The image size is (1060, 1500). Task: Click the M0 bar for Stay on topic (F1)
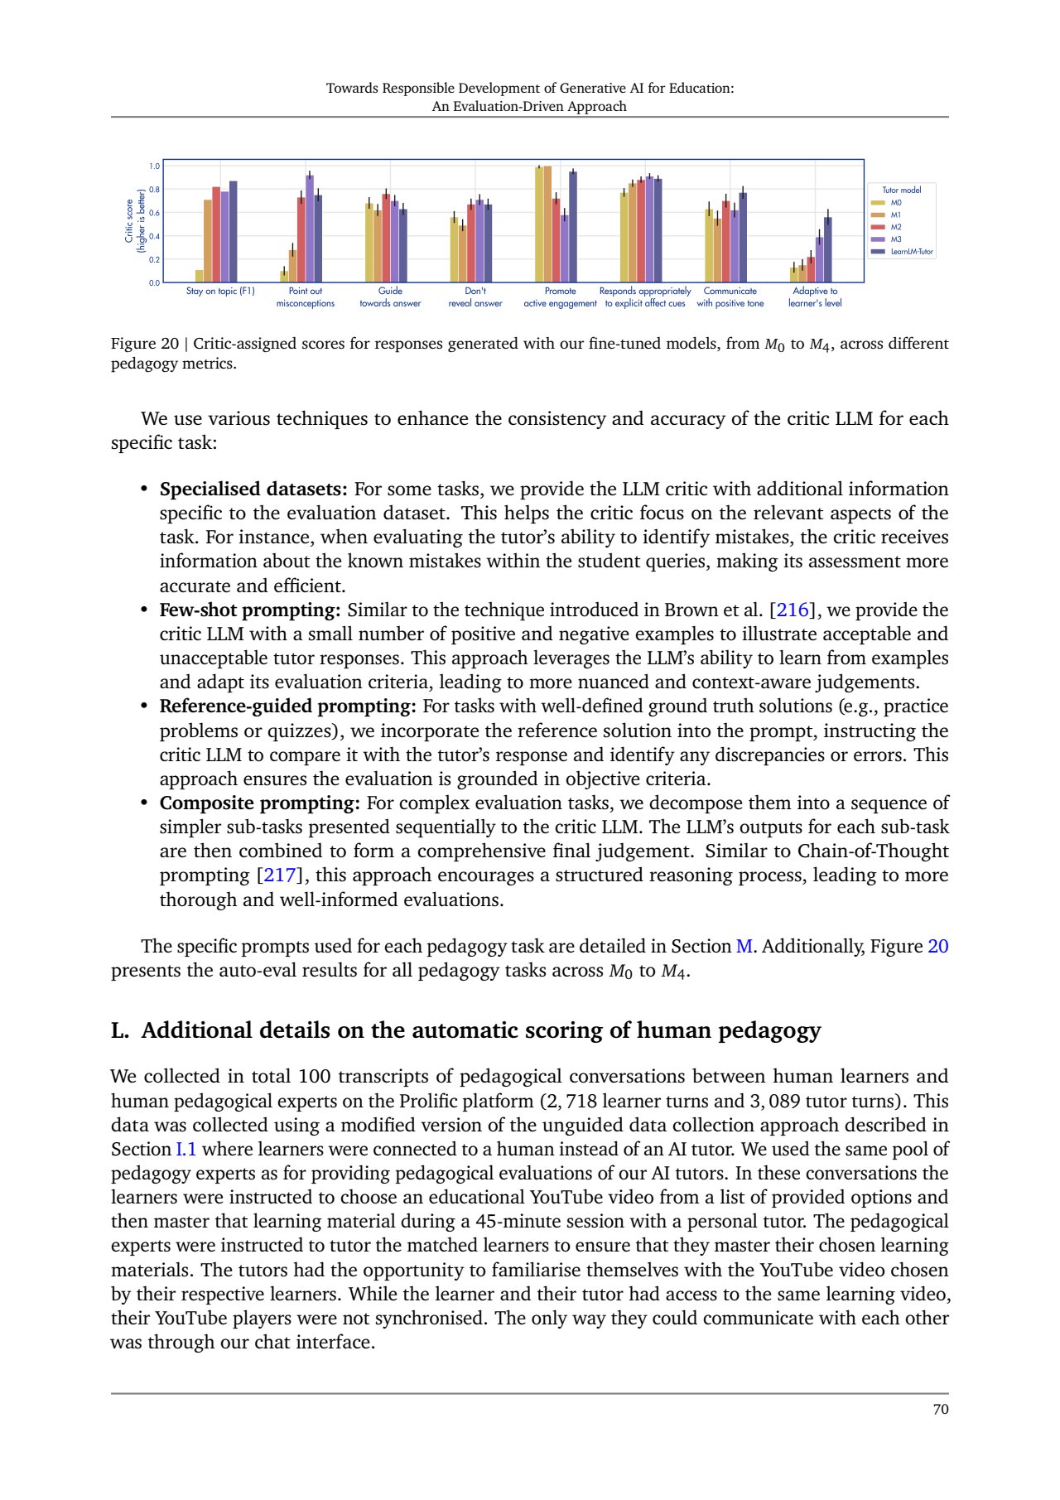coord(200,277)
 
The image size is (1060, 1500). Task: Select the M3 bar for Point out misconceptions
coord(310,229)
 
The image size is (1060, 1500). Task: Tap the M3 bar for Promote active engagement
coord(565,249)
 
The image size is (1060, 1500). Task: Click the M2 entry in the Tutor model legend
coord(895,227)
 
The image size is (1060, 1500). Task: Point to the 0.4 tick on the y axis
coord(154,237)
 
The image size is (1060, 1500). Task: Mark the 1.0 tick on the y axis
coord(154,166)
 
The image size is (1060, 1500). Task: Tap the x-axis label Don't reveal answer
coord(475,297)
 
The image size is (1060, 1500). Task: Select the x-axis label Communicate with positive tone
coord(730,297)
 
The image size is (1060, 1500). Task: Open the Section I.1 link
coord(186,1150)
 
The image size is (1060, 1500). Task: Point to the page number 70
coord(940,1410)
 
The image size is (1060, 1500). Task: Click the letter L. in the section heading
coord(121,1031)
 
